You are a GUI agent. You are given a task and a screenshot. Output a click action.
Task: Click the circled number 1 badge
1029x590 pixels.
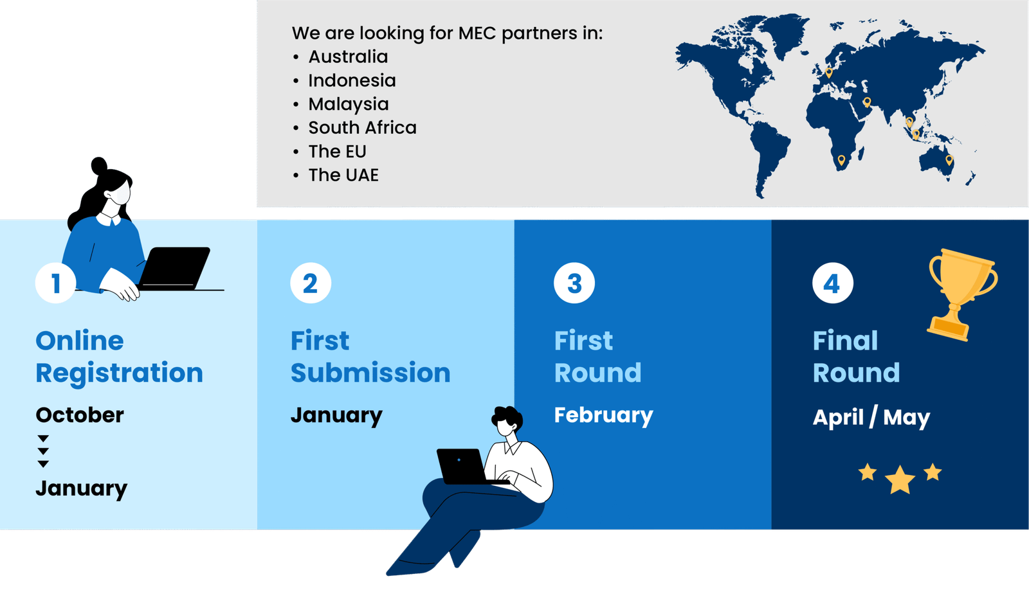[x=55, y=283]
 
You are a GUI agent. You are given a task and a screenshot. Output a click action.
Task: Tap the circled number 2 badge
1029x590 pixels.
[x=311, y=283]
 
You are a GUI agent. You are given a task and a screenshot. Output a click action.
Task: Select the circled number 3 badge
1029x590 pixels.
[x=574, y=283]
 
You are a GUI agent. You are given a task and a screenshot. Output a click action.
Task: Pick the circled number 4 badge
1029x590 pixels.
[x=832, y=283]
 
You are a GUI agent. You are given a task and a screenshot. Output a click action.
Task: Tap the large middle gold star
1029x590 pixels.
[x=900, y=479]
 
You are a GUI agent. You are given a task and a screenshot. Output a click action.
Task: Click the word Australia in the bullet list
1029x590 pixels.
[x=348, y=57]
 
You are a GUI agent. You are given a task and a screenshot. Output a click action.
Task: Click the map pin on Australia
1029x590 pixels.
[x=949, y=160]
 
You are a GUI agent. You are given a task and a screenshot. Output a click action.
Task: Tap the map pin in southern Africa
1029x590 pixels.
[x=841, y=160]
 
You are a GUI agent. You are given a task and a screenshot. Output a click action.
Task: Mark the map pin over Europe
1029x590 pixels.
[x=829, y=73]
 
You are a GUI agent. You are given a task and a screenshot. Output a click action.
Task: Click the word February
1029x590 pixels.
[x=604, y=416]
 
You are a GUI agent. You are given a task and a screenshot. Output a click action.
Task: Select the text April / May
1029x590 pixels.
[x=871, y=417]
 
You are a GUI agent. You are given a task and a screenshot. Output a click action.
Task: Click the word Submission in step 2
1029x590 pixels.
[x=370, y=372]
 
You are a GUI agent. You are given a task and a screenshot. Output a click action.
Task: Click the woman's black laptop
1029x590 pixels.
[x=174, y=269]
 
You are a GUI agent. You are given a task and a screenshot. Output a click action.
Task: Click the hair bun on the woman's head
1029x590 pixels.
[x=99, y=165]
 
